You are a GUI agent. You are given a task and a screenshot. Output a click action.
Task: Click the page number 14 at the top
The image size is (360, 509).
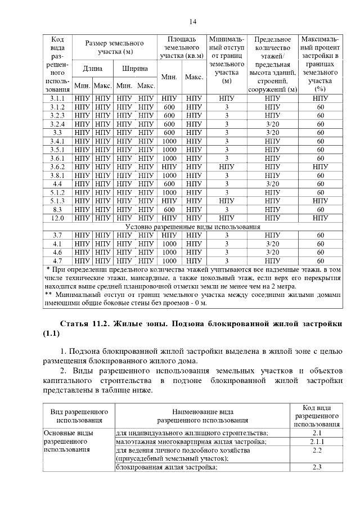point(192,21)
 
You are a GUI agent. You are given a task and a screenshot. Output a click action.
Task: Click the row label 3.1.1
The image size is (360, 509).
point(57,98)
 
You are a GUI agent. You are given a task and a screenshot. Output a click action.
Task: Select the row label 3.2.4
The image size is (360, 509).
point(57,124)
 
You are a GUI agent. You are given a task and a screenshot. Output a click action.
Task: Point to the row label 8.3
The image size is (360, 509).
point(57,209)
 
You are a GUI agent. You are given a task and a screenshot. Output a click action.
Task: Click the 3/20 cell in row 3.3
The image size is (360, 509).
point(272,132)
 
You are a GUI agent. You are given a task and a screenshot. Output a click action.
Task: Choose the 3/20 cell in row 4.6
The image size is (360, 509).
point(272,253)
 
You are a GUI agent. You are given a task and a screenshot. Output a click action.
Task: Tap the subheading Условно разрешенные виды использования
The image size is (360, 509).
point(192,227)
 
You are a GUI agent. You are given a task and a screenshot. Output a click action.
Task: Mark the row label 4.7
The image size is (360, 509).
point(57,261)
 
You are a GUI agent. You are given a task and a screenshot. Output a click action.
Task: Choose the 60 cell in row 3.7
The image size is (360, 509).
point(320,235)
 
